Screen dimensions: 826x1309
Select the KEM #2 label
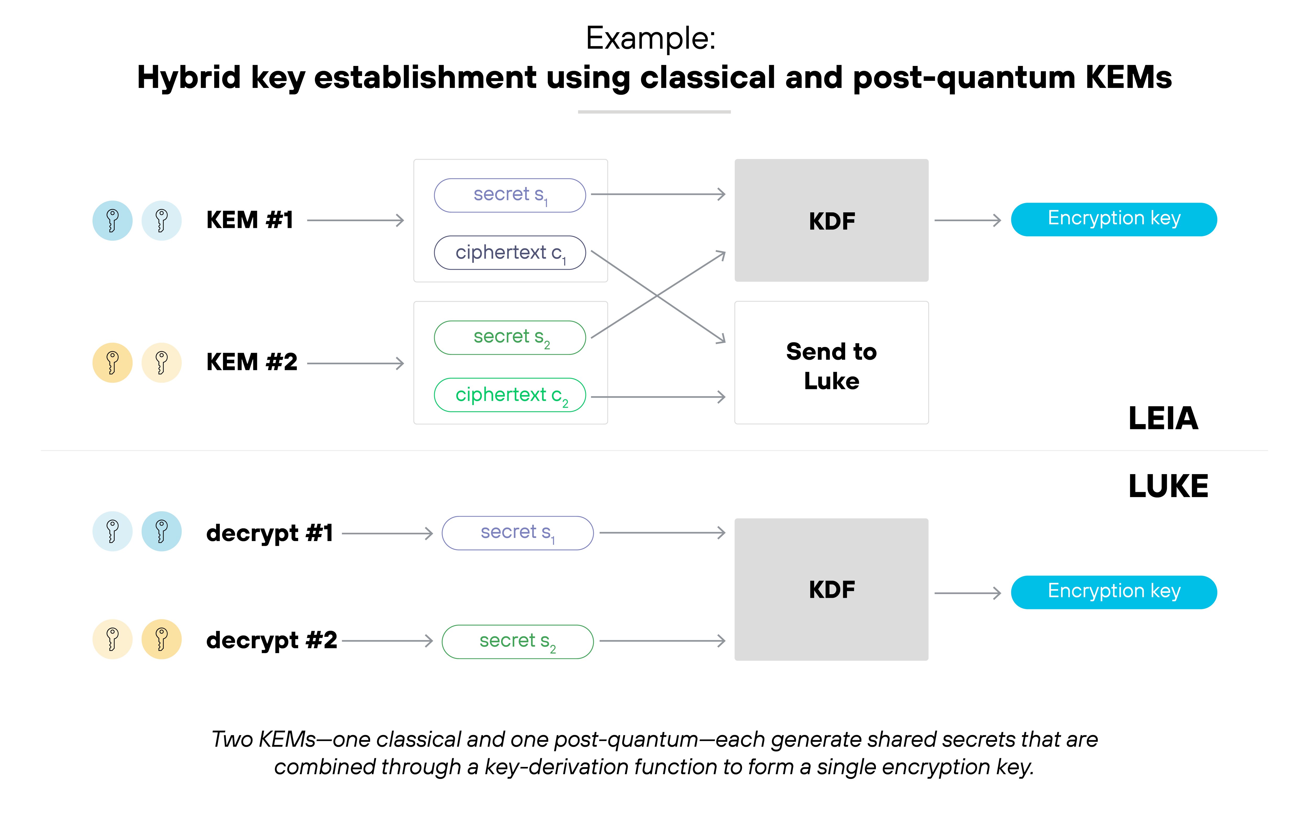click(x=252, y=362)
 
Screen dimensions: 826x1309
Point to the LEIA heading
click(x=1163, y=418)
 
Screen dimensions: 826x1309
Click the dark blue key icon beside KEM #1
click(x=113, y=221)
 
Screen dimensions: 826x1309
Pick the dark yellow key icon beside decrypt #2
click(x=162, y=639)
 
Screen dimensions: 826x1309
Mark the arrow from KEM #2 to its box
click(x=356, y=363)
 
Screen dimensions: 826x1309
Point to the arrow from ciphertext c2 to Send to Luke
click(x=658, y=397)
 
